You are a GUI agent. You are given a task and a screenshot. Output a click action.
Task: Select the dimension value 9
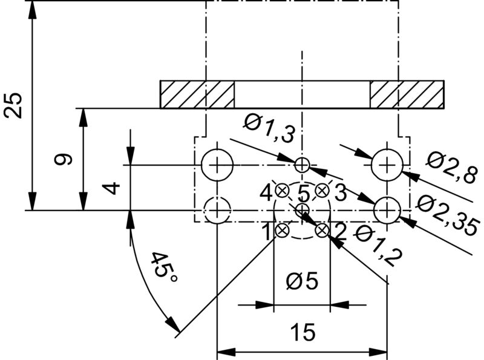pos(63,160)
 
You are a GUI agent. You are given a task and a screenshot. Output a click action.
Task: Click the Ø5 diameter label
pos(301,282)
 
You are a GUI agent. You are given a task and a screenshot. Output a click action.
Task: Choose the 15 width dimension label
pos(301,333)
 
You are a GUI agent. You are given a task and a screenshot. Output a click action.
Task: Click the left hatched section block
pos(197,94)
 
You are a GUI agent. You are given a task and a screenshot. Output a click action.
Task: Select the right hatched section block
pos(407,94)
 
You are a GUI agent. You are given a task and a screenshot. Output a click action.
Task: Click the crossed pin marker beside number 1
pos(281,230)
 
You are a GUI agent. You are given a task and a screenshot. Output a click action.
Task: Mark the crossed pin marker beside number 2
pos(322,230)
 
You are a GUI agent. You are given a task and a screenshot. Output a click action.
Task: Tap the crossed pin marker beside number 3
pos(322,190)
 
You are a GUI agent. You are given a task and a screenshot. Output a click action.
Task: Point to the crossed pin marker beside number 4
pos(281,190)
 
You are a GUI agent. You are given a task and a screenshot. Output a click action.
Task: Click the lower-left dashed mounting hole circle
pos(217,211)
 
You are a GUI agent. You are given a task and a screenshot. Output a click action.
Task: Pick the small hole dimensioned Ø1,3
pos(302,164)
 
